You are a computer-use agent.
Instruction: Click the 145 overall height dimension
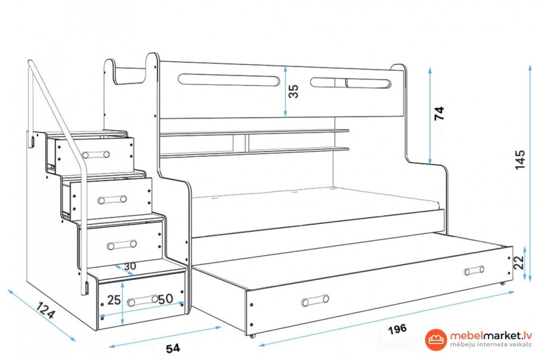pos(520,159)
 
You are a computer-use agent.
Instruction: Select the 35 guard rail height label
pos(293,91)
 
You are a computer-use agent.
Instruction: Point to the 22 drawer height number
pos(518,263)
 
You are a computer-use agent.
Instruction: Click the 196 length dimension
pos(397,329)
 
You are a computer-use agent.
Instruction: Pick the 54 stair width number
pos(173,348)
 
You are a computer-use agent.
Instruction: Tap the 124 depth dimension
pos(45,310)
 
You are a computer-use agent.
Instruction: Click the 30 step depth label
pos(130,266)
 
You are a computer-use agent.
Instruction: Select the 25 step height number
pos(114,300)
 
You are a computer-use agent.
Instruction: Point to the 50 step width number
pos(166,299)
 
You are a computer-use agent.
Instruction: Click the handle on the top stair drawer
pos(96,154)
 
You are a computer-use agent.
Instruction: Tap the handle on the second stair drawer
pos(112,200)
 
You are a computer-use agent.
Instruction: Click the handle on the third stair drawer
pos(121,245)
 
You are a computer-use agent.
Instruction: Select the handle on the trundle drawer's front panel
pos(315,301)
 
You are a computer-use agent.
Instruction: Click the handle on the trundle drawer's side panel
pos(474,270)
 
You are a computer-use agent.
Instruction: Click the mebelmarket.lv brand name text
pos(490,336)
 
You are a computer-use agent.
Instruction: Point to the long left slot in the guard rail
pos(228,80)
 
